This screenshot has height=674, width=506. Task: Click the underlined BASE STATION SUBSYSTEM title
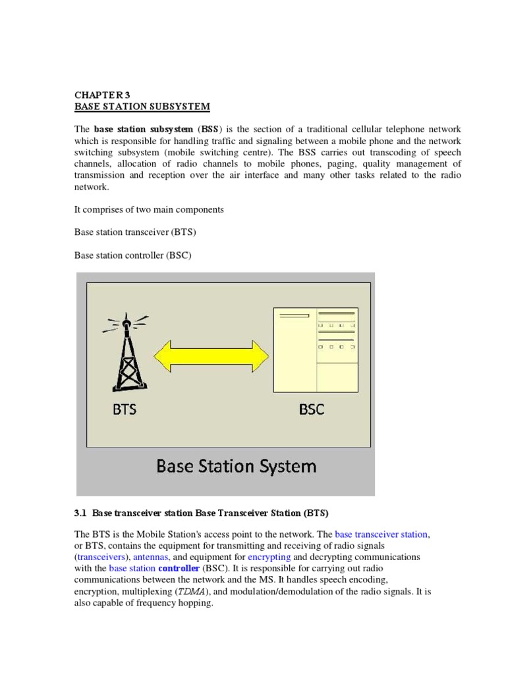click(142, 106)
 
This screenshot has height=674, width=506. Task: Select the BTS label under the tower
click(124, 409)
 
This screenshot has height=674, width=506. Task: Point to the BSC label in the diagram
click(312, 409)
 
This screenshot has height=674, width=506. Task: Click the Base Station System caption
click(236, 467)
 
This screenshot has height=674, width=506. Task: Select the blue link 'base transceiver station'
click(381, 534)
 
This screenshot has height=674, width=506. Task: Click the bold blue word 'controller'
click(179, 568)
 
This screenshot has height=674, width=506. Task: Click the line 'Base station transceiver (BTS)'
click(135, 232)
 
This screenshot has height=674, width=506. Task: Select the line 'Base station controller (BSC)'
click(132, 255)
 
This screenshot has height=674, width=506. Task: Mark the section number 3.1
click(80, 512)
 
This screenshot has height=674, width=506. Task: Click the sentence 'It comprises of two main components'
click(149, 209)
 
